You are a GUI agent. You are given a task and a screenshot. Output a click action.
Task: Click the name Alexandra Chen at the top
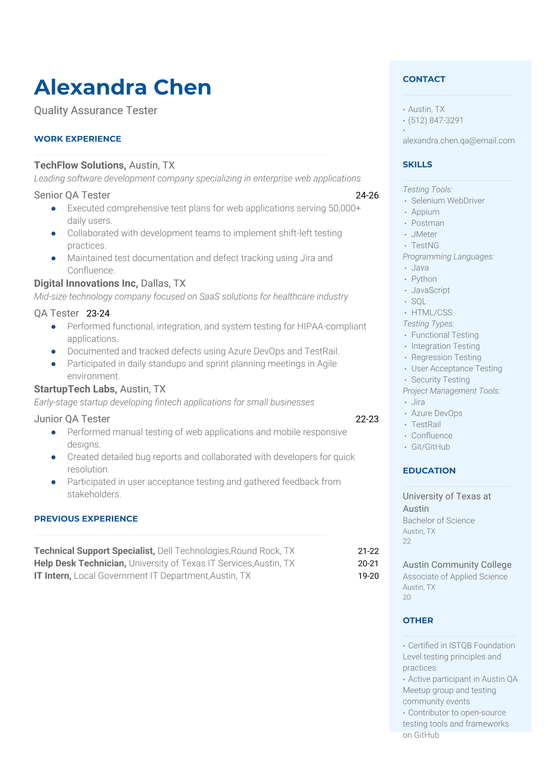pos(122,87)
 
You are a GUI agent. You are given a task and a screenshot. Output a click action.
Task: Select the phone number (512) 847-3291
pos(435,121)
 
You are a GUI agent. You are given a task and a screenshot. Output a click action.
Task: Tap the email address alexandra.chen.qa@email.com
pos(458,141)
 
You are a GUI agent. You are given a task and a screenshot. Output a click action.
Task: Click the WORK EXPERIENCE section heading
pos(78,139)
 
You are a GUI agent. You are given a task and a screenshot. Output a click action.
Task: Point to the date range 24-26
pos(367,196)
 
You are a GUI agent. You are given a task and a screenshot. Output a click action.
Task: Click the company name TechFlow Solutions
pos(79,165)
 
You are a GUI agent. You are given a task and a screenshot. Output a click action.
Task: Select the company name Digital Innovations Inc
pos(86,283)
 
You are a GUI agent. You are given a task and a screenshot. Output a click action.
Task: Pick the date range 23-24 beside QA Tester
pos(98,313)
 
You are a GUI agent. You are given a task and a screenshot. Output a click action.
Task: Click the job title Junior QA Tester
pos(72,419)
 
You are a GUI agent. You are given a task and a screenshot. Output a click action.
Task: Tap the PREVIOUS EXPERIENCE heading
pos(86,519)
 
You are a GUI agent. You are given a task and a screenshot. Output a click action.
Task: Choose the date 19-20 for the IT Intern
pos(368,576)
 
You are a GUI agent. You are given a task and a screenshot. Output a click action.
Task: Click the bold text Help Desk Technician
pos(79,564)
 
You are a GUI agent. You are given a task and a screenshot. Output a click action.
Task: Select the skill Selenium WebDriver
pos(448,201)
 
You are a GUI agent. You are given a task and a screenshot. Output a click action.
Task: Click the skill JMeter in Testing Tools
pos(424,234)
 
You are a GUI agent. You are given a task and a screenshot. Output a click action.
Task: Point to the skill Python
pos(424,279)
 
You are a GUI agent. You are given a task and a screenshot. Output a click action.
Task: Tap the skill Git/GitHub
pos(430,447)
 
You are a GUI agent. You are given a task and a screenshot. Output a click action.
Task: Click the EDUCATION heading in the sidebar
pos(429,471)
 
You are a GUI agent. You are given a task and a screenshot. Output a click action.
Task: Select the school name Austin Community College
pos(457,565)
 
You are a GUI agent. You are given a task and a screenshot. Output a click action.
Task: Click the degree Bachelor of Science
pos(439,521)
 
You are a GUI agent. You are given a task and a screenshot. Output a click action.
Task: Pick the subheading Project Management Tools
pos(451,391)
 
